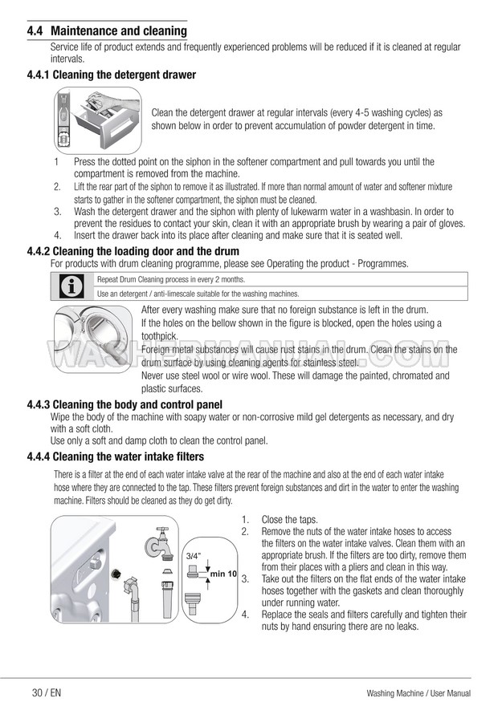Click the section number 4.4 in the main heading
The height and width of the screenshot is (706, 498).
tap(35, 31)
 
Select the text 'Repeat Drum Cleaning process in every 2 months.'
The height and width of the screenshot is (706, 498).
tap(171, 279)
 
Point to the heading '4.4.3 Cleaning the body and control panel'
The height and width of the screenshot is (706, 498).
tap(124, 404)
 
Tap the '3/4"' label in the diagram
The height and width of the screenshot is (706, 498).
tap(193, 555)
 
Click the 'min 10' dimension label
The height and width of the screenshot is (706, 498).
tap(223, 574)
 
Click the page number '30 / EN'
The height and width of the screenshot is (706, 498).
tap(47, 693)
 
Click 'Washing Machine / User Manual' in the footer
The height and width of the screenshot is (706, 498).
tap(418, 693)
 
